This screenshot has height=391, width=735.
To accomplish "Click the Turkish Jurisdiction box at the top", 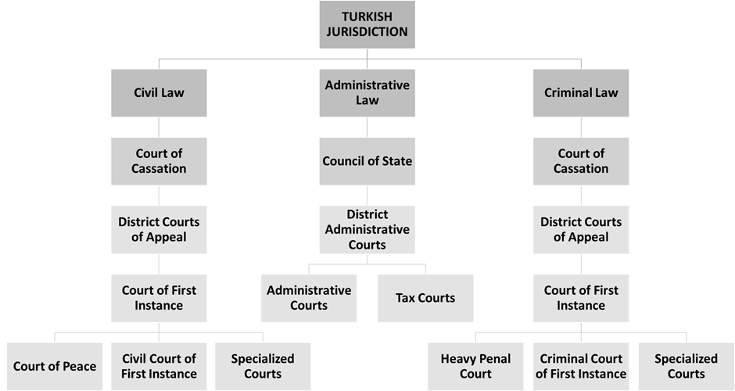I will [x=367, y=24].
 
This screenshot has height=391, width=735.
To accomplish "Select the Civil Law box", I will [x=159, y=92].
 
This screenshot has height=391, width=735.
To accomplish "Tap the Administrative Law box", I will [x=367, y=92].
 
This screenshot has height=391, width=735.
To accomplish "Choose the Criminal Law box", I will [x=581, y=92].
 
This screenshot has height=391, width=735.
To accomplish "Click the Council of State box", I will [x=367, y=161].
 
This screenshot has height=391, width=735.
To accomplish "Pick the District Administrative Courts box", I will [x=367, y=229].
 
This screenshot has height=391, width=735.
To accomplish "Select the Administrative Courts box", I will [x=309, y=297].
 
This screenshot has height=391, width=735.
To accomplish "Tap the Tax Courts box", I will [x=425, y=297].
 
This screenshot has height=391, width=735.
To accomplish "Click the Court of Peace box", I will [x=55, y=366].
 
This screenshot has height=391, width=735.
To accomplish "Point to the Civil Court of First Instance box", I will [x=159, y=366].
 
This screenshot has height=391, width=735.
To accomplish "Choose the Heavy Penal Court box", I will [x=475, y=366].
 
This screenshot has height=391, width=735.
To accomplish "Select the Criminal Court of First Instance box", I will [x=581, y=366].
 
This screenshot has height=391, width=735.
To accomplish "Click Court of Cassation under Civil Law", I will [x=159, y=161].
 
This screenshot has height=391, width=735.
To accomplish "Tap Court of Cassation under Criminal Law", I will [x=581, y=161].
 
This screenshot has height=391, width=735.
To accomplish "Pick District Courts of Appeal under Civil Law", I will [x=159, y=229].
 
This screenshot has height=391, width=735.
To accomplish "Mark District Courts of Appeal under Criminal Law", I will [x=581, y=229].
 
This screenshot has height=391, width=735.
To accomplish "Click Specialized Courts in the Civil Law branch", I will [x=263, y=366].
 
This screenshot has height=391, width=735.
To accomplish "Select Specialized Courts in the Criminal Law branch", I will [x=686, y=366].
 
